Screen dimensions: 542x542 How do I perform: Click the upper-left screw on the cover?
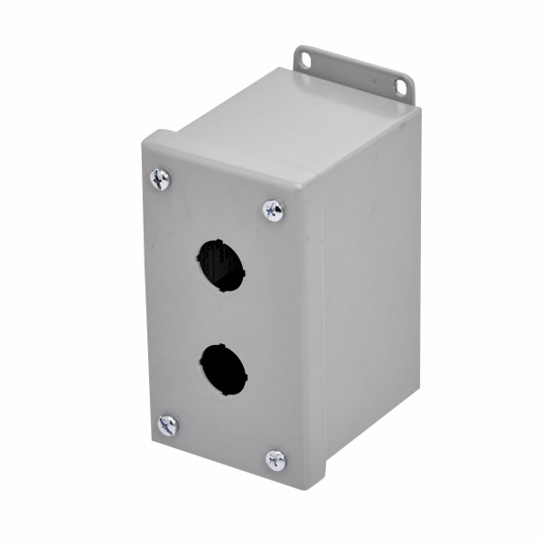(x=161, y=179)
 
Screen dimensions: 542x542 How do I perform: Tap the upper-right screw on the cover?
(x=274, y=210)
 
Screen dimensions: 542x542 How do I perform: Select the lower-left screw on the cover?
(x=168, y=425)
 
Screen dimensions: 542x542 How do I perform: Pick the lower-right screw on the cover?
(x=276, y=460)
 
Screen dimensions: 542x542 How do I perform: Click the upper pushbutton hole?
(x=220, y=266)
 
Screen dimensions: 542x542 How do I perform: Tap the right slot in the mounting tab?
(x=398, y=86)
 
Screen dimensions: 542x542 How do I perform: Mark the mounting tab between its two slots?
(x=352, y=72)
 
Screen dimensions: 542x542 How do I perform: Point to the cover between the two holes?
(x=221, y=316)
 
